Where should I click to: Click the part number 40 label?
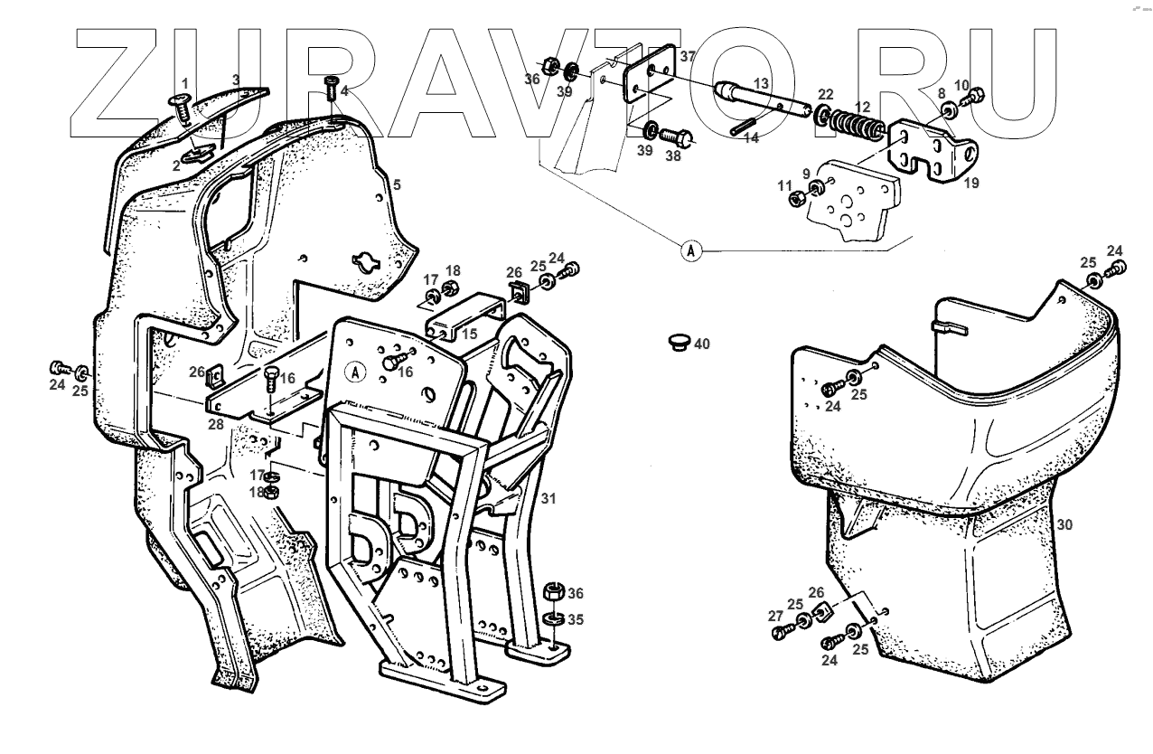coord(702,344)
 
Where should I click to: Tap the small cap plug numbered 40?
coord(677,340)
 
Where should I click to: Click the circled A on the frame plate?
coord(356,371)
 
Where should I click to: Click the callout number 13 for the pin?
coord(760,83)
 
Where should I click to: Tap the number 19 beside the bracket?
coord(970,183)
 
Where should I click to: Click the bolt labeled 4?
coord(331,91)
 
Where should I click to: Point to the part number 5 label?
coord(396,184)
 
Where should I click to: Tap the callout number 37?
coord(688,56)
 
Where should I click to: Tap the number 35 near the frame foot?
coord(576,620)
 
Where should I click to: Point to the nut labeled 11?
coord(798,198)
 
